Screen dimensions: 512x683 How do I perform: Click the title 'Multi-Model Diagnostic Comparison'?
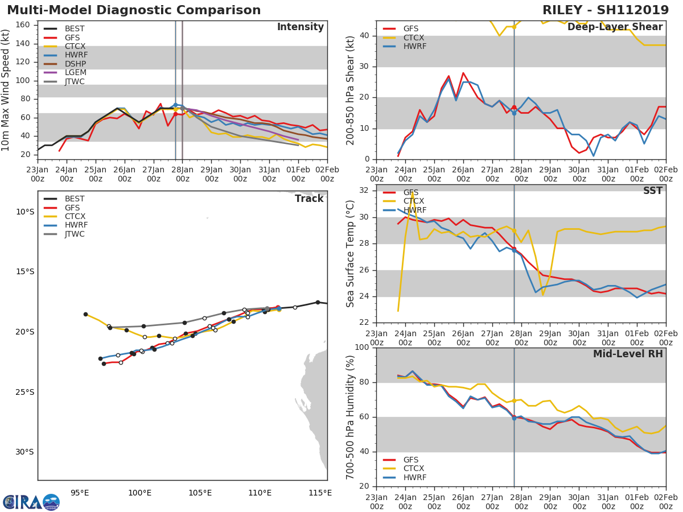tap(134, 10)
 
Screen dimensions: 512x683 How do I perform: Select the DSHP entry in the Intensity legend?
tap(74, 64)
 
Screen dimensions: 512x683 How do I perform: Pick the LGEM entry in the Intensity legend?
tap(74, 73)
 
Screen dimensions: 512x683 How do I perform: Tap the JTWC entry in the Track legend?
tap(74, 234)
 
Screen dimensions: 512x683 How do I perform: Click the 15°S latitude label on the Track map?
tap(24, 271)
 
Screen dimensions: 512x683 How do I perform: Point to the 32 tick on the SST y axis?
tap(364, 191)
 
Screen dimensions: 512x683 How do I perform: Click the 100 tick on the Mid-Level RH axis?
tap(362, 348)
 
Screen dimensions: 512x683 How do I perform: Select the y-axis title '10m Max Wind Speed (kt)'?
tap(6, 90)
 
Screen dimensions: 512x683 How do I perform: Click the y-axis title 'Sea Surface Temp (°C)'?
tap(351, 254)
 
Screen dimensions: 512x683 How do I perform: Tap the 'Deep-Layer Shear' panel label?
tap(615, 27)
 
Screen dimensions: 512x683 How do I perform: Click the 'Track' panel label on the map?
tap(309, 199)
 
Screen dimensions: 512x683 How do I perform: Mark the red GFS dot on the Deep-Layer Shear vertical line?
tap(514, 108)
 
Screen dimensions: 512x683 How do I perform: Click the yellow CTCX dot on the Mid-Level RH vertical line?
tap(514, 400)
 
